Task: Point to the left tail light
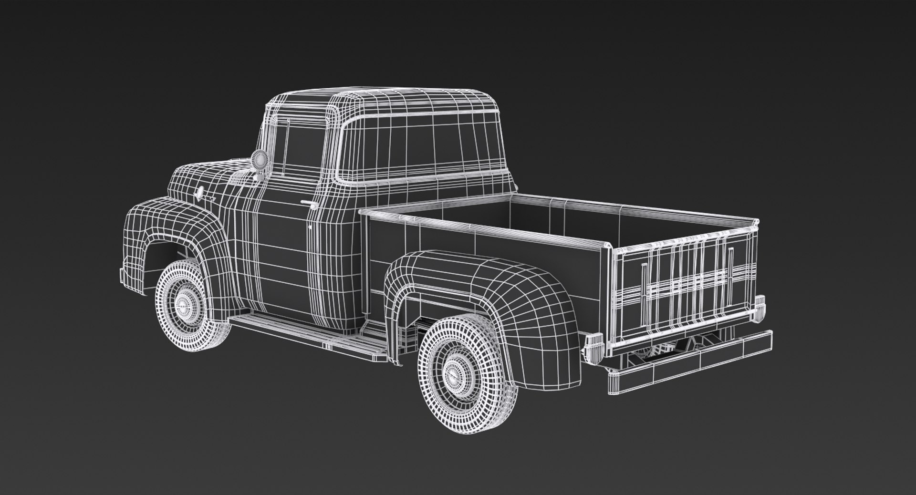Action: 594,346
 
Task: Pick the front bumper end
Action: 124,277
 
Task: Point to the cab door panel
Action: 281,258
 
